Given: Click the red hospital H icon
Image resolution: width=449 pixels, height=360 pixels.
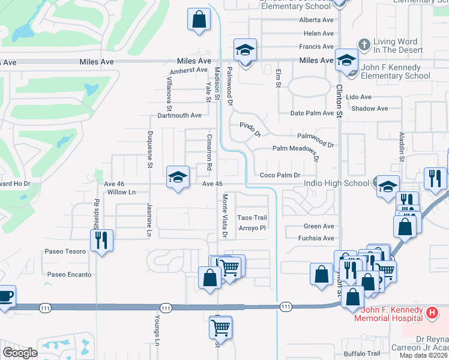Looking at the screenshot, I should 431,313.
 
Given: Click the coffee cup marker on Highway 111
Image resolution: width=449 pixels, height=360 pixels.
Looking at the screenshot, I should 5,296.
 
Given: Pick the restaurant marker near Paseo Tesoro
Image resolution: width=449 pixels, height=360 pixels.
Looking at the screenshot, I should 100,241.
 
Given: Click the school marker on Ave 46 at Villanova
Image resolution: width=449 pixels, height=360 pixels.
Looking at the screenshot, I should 178,176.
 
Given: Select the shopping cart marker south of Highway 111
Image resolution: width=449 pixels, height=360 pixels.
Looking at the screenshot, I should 221,327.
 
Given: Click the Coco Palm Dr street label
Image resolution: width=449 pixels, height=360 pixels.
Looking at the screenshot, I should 279,175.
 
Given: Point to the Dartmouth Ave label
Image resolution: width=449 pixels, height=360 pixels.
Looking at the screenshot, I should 179,115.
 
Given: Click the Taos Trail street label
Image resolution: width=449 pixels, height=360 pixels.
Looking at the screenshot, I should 252,218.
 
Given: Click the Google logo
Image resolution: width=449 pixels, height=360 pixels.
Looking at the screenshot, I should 20,353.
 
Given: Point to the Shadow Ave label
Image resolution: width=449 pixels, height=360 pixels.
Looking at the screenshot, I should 370,109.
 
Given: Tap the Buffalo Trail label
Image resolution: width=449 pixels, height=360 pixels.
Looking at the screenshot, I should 362,353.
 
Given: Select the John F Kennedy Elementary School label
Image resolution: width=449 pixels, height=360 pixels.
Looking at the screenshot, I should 391,72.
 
